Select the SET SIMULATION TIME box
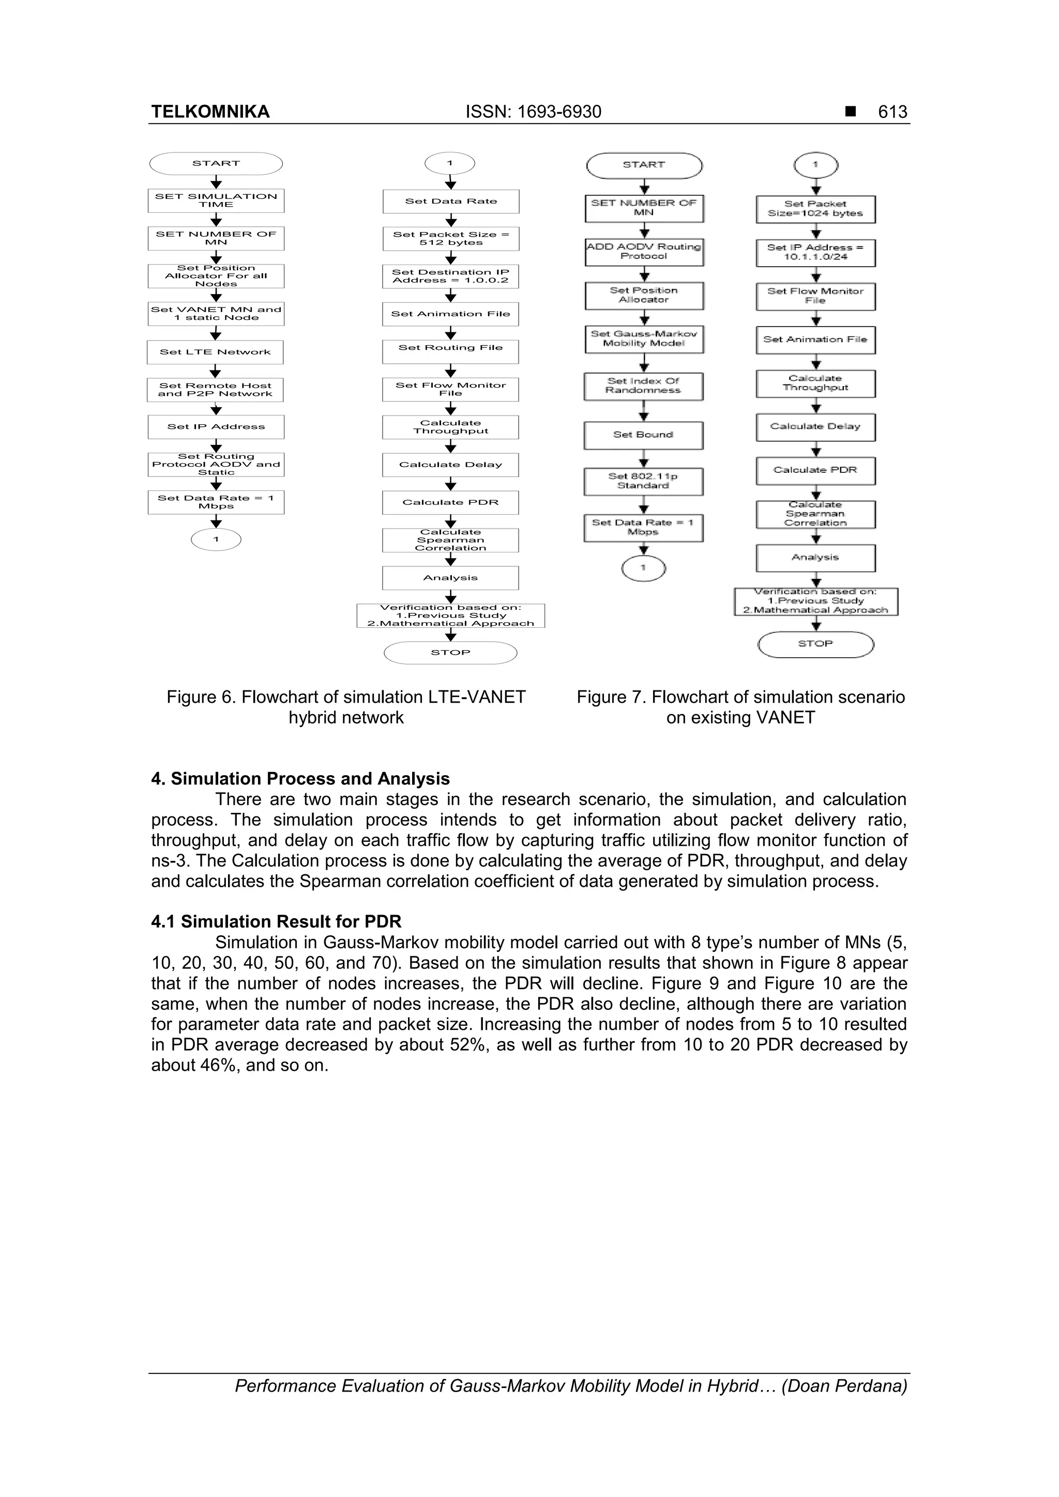click(x=216, y=200)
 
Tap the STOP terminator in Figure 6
click(x=450, y=653)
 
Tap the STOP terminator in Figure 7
click(x=815, y=644)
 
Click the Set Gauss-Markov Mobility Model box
click(x=643, y=339)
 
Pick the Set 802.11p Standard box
click(x=643, y=481)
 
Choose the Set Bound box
click(x=643, y=435)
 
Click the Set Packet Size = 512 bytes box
click(x=451, y=239)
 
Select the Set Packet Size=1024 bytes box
click(x=815, y=209)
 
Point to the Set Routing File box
click(x=451, y=351)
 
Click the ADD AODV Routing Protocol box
click(x=643, y=252)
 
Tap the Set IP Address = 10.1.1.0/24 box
click(x=815, y=252)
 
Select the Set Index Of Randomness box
click(x=643, y=386)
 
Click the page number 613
click(x=892, y=112)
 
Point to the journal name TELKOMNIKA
click(x=210, y=112)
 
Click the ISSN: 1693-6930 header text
click(x=533, y=112)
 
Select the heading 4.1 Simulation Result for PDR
click(x=276, y=921)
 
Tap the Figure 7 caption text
click(x=740, y=707)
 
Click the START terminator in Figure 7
click(x=643, y=165)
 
